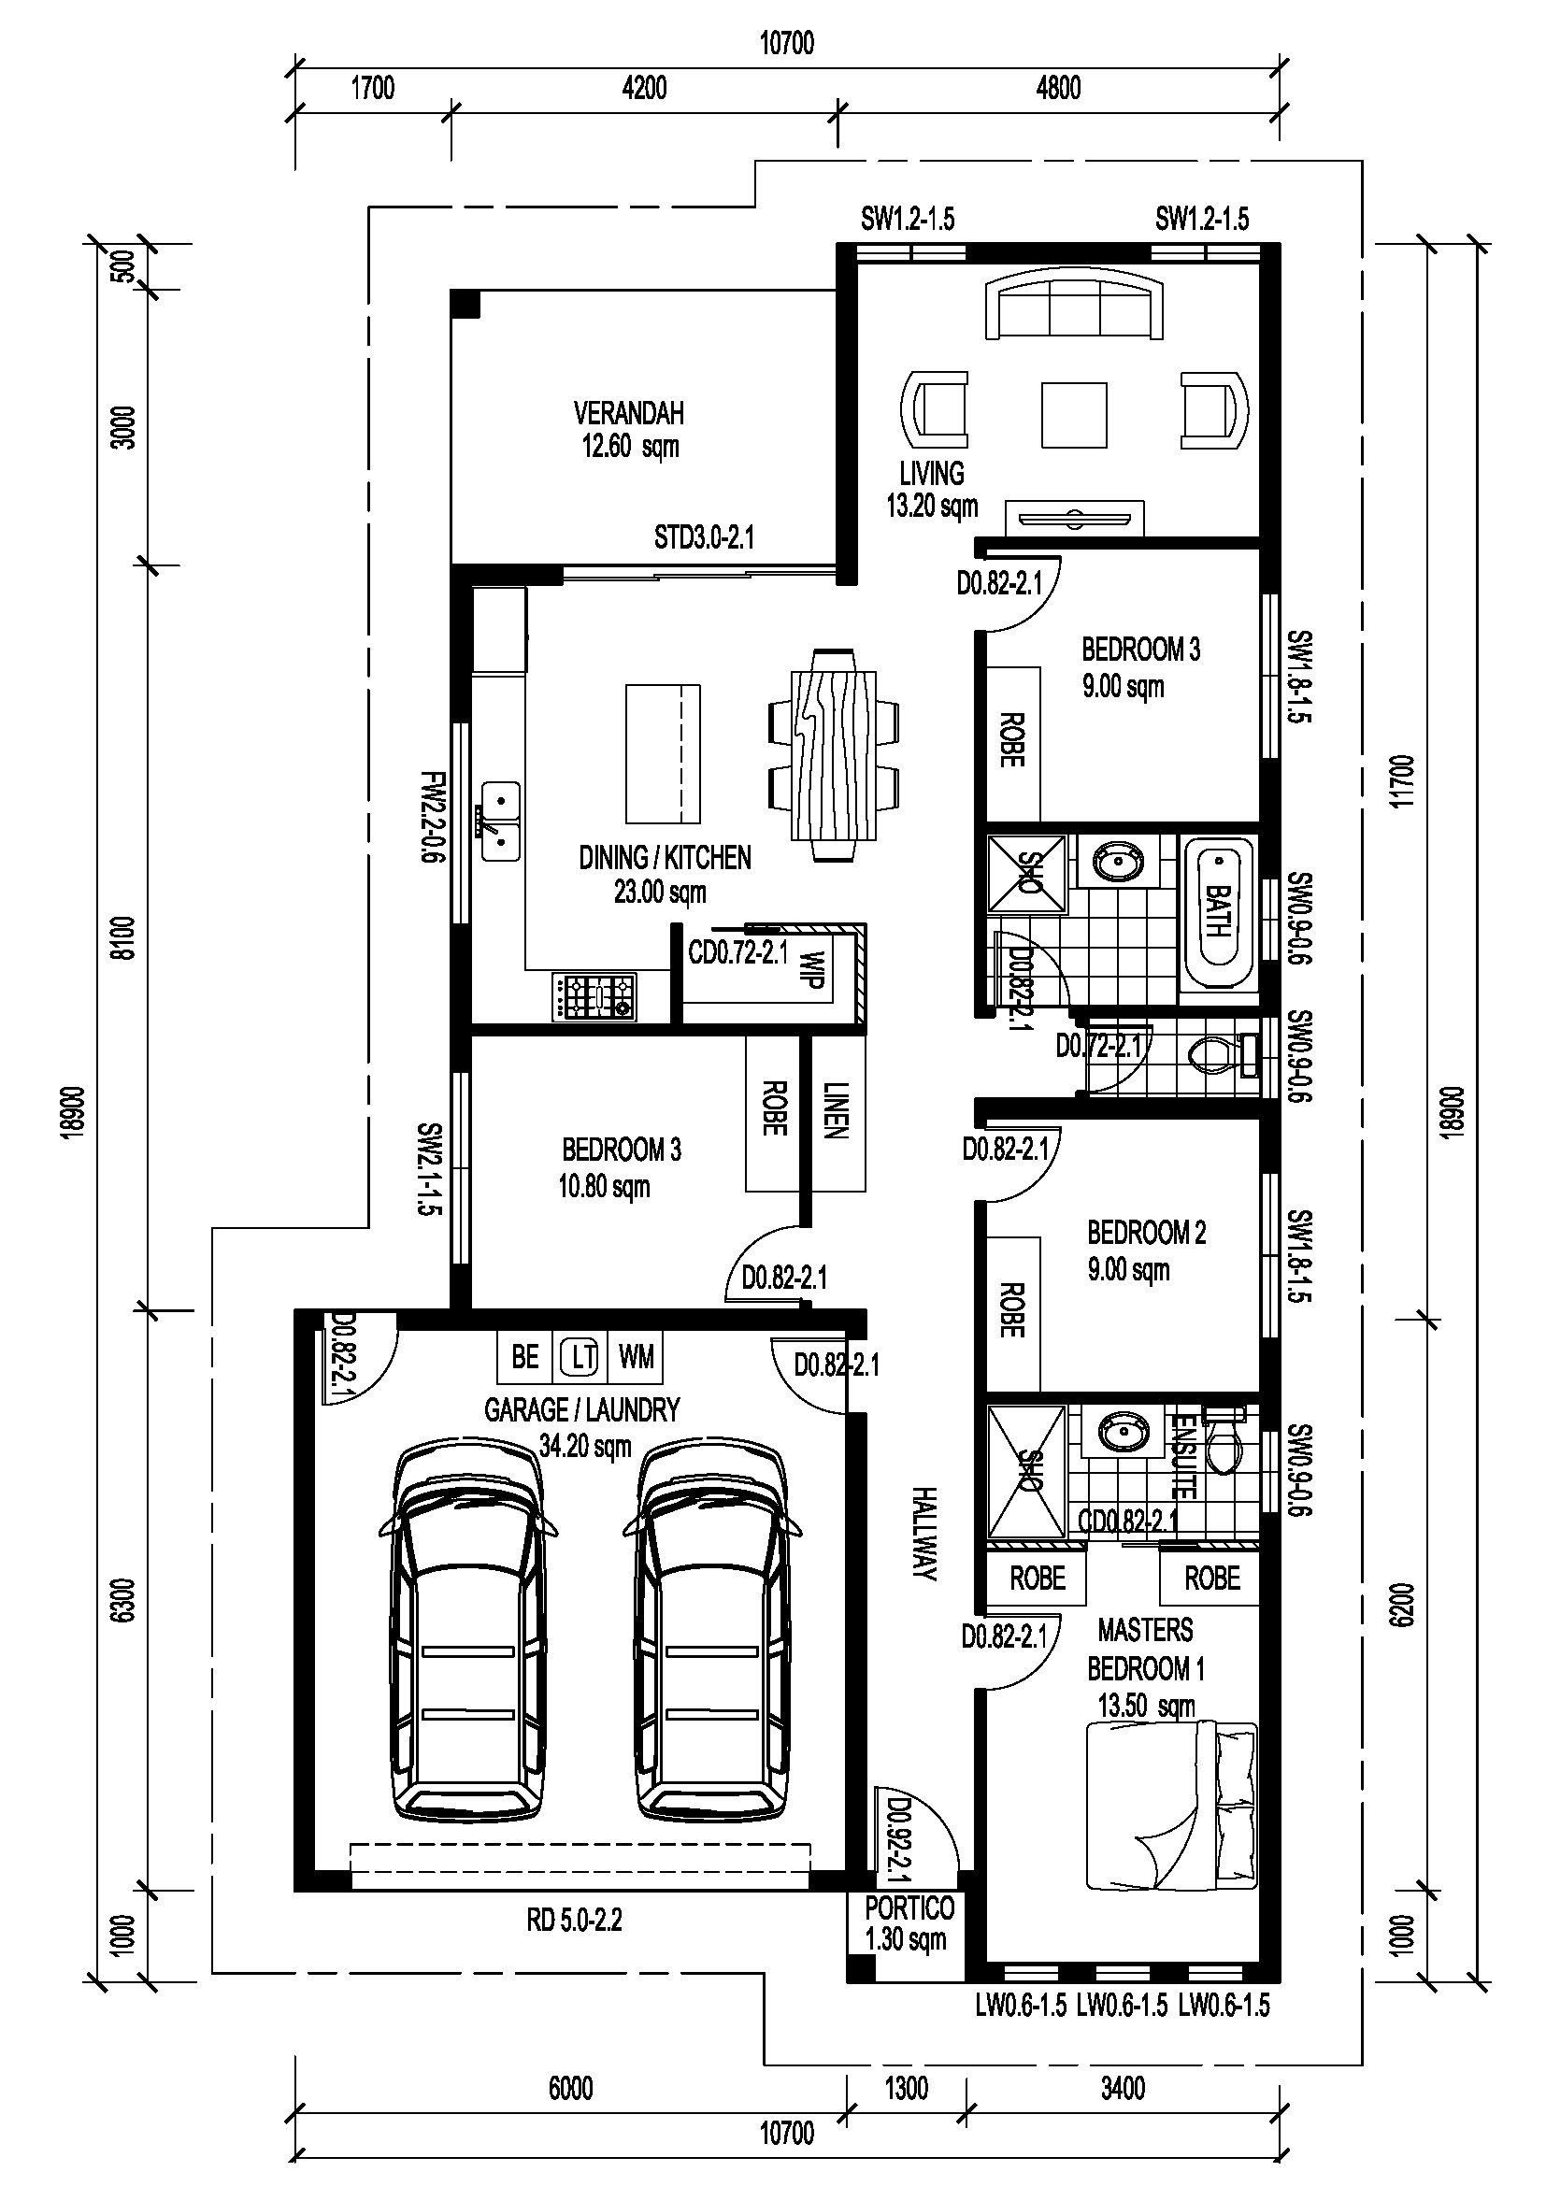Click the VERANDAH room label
click(x=628, y=413)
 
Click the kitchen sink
click(x=500, y=821)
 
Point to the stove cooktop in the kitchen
click(x=594, y=997)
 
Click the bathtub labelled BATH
click(x=1218, y=912)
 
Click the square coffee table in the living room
click(x=1074, y=414)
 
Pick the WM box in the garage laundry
click(x=636, y=1356)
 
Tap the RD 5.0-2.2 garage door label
click(x=574, y=1921)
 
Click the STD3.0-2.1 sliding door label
click(x=704, y=538)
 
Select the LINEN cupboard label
click(x=835, y=1110)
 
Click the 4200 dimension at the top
click(x=645, y=88)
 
